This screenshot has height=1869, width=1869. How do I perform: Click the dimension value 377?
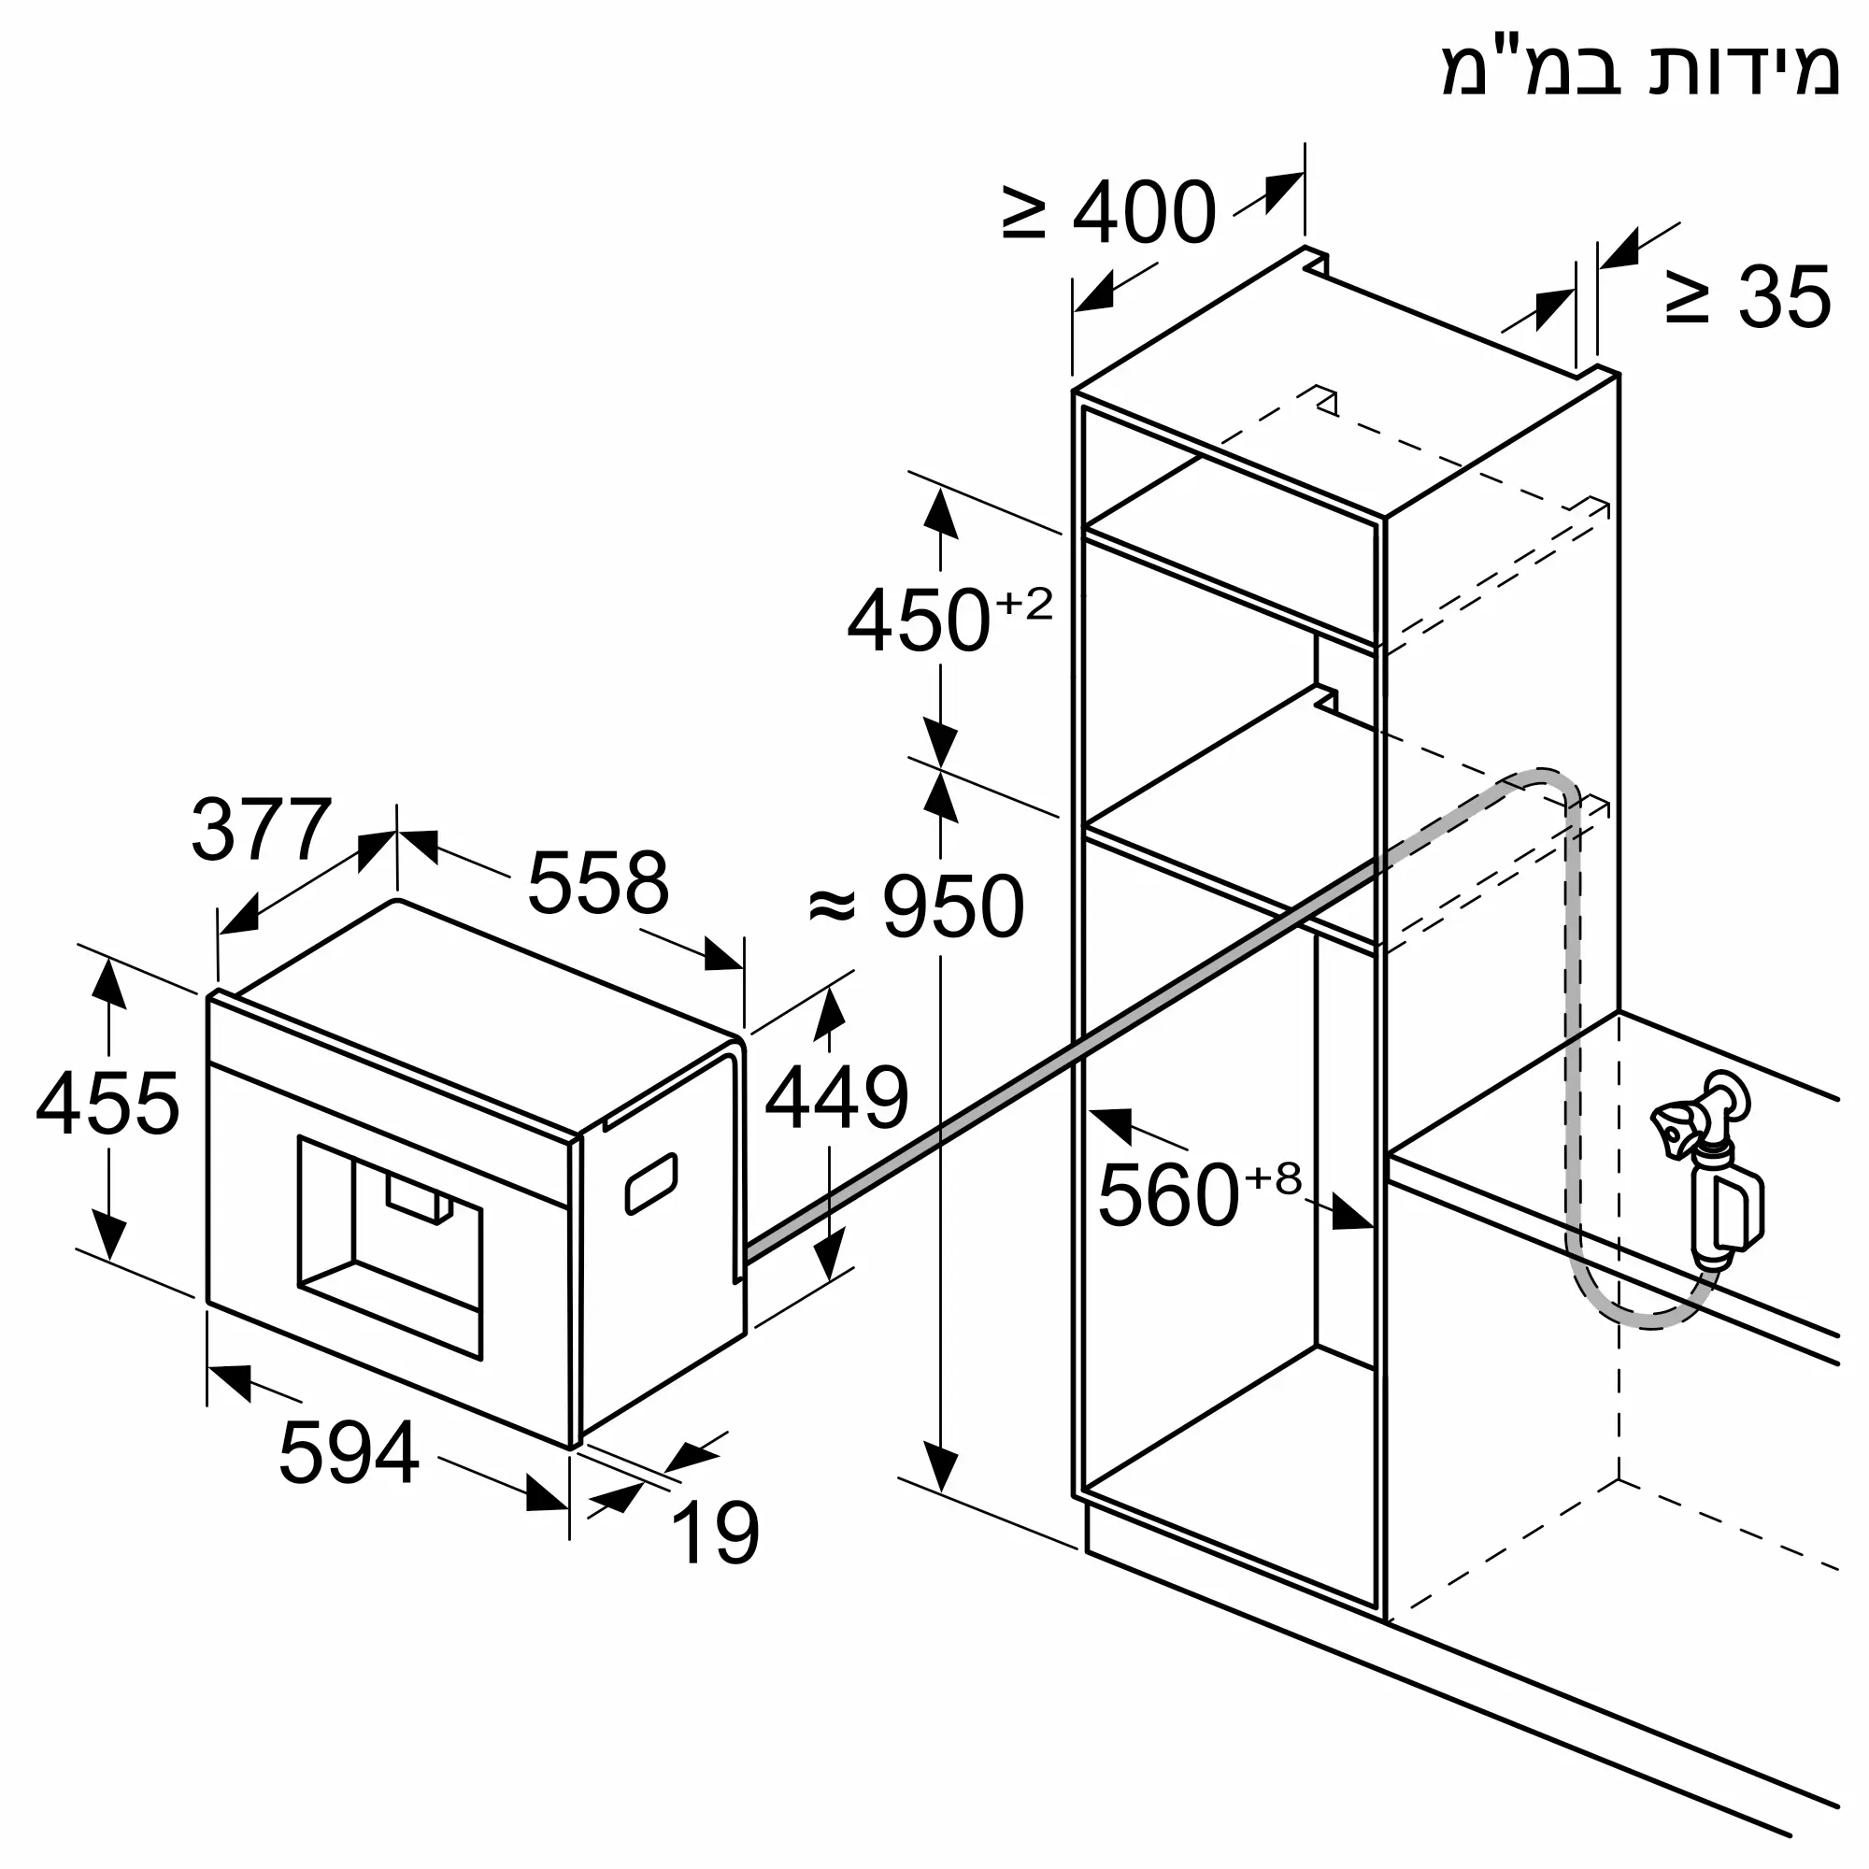pos(263,829)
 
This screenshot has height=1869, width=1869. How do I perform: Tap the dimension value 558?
pos(598,882)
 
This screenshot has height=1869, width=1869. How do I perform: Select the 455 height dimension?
pos(107,1103)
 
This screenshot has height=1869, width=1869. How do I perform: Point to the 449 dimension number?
pos(836,1097)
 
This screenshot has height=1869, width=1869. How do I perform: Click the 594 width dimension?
pos(350,1452)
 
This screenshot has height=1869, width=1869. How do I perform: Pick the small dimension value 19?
pos(715,1533)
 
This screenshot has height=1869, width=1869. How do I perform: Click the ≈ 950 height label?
pos(916,906)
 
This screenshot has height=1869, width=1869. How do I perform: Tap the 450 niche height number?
pos(919,621)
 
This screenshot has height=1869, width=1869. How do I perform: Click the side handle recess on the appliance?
pos(651,1182)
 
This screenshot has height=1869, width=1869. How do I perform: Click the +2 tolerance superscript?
pos(1023,604)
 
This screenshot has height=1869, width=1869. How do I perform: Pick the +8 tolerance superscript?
pos(1273,1178)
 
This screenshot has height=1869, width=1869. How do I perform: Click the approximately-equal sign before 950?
pos(834,906)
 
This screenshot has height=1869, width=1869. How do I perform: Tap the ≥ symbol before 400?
pos(1024,213)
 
